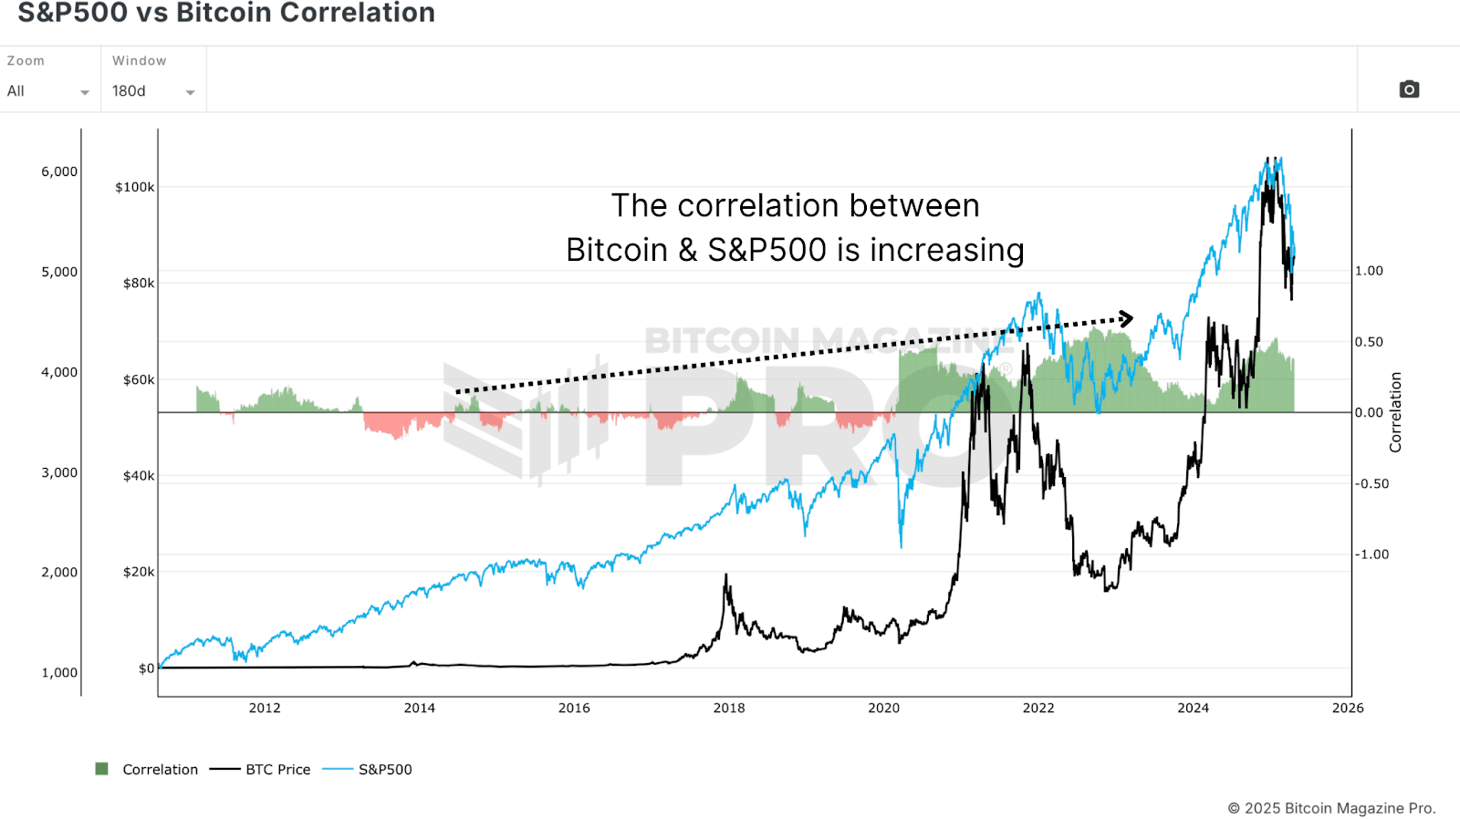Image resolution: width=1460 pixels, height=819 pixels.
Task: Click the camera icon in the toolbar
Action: click(1409, 89)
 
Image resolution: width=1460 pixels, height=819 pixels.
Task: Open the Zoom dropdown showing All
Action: click(47, 91)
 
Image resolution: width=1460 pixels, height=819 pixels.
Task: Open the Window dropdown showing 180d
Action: click(152, 91)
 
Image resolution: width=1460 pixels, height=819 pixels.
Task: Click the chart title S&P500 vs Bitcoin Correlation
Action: click(226, 13)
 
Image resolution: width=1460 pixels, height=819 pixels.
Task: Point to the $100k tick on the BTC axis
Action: click(134, 187)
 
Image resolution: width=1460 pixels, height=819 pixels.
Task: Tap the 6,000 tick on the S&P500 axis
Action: click(59, 171)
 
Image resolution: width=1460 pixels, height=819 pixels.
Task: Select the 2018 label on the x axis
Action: click(728, 708)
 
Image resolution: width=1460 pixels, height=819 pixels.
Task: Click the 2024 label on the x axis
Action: click(1193, 708)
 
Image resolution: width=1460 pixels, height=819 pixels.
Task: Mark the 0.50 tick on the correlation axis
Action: click(1368, 342)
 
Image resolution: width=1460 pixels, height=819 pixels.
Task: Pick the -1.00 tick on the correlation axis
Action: click(1371, 555)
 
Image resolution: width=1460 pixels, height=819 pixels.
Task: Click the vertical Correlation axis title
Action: click(1394, 412)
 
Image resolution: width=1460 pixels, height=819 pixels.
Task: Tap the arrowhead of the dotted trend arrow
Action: click(1128, 318)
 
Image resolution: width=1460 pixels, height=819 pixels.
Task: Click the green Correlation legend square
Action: click(102, 769)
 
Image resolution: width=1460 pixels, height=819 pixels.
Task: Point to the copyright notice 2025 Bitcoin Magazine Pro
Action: click(1331, 808)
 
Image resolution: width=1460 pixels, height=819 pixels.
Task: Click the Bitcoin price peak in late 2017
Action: click(726, 575)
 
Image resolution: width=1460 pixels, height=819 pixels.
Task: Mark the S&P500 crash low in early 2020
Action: click(901, 546)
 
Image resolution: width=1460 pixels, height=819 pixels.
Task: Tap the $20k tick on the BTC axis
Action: click(139, 572)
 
